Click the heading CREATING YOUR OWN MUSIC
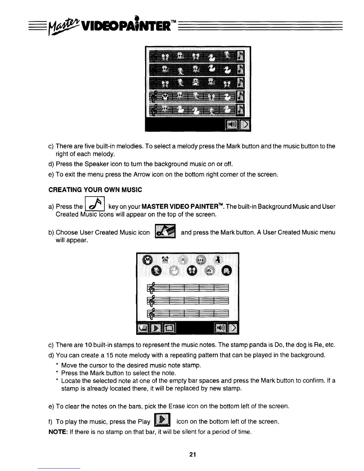pos(95,190)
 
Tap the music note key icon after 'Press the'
pos(94,204)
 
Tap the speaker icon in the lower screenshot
pos(221,328)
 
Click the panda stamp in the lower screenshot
pos(147,260)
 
